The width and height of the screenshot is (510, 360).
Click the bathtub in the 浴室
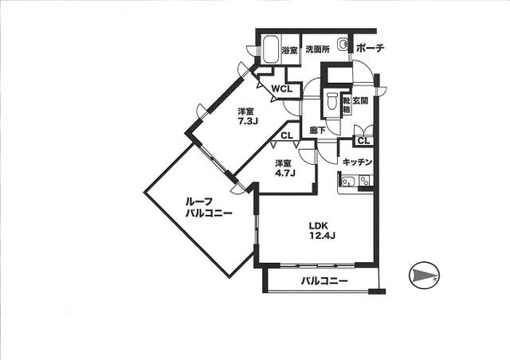(x=270, y=49)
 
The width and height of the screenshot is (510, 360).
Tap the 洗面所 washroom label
(x=317, y=49)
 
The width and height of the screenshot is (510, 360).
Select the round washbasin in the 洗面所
(x=343, y=44)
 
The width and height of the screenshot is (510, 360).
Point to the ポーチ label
(x=370, y=49)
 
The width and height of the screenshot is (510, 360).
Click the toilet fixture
(x=332, y=101)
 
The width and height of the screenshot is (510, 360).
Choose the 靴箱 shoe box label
(x=347, y=105)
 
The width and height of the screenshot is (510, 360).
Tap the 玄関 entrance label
(x=360, y=101)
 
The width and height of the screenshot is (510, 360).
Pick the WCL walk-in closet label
(x=282, y=88)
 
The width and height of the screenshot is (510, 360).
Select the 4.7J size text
(x=285, y=173)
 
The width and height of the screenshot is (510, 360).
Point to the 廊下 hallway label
(x=318, y=131)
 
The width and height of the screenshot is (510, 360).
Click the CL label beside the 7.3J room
(x=287, y=135)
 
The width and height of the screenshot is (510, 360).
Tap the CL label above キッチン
(x=364, y=141)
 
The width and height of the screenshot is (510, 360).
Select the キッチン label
(x=357, y=162)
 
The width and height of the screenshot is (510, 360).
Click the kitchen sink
(x=347, y=181)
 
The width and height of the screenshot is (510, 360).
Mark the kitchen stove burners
(x=365, y=181)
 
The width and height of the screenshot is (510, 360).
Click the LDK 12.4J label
(x=322, y=230)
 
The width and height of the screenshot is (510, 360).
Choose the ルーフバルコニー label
(x=209, y=208)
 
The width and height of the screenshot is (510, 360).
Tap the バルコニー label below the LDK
(x=324, y=280)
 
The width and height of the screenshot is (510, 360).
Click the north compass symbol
(x=424, y=276)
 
